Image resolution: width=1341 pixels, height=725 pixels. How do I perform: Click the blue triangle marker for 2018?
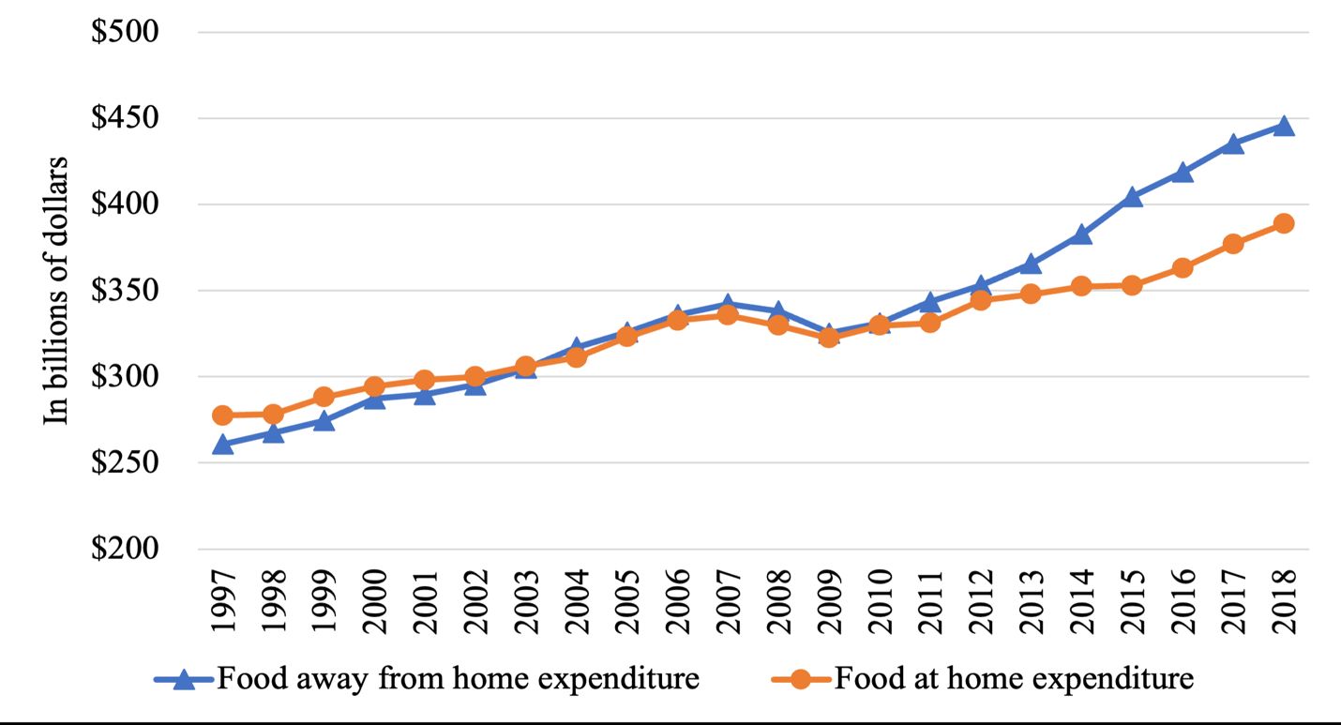pos(1284,127)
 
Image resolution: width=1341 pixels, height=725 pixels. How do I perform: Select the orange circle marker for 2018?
pos(1284,223)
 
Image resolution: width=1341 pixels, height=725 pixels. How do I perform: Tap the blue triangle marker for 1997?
pos(222,445)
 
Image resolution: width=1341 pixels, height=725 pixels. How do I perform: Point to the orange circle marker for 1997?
pos(222,415)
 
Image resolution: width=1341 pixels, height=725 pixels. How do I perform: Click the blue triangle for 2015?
pos(1132,197)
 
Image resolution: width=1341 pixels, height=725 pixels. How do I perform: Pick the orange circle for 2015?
pos(1132,285)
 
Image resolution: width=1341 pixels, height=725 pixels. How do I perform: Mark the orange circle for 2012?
pos(980,300)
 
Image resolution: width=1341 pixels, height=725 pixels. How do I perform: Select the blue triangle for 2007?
pos(728,305)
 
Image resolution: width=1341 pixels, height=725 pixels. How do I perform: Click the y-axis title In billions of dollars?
pos(57,290)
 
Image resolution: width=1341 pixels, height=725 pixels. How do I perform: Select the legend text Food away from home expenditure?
pos(458,678)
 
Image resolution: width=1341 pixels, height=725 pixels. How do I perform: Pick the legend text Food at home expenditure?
pos(1014,678)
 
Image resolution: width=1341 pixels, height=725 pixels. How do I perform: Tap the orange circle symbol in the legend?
pos(800,679)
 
